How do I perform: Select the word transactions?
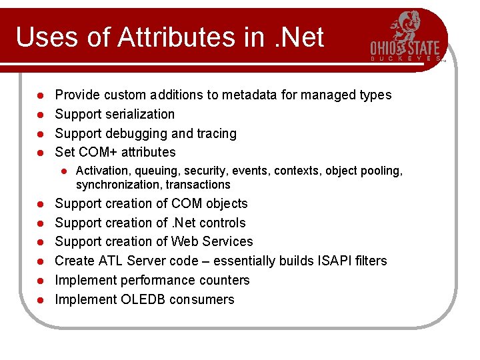[x=198, y=185]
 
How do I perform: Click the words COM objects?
[x=209, y=203]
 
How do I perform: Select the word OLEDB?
[x=143, y=299]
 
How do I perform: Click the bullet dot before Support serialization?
[x=40, y=115]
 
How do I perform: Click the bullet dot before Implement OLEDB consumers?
[x=40, y=300]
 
